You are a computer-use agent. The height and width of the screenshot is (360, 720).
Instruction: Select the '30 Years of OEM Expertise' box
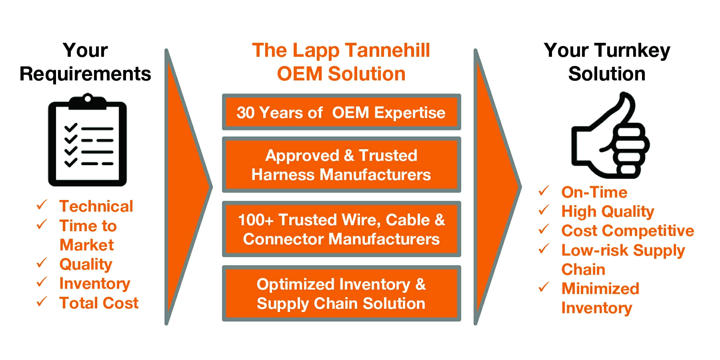[341, 112]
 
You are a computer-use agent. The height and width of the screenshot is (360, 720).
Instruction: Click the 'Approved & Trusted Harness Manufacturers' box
[341, 165]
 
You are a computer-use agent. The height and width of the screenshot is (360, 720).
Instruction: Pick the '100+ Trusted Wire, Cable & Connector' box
[341, 229]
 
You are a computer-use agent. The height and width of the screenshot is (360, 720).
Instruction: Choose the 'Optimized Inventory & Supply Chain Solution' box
[341, 294]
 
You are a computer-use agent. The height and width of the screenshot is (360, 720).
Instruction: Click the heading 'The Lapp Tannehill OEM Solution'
[341, 62]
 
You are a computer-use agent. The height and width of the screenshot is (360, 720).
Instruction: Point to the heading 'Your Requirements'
[85, 62]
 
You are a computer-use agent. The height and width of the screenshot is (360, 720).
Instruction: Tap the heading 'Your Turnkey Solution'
[607, 62]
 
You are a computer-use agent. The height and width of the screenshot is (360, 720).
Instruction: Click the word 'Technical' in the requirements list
[96, 206]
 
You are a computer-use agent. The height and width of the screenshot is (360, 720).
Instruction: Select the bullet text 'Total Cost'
[99, 303]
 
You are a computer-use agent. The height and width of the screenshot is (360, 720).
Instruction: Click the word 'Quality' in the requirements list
[86, 264]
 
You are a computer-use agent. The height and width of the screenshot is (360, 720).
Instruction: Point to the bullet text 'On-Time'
[594, 192]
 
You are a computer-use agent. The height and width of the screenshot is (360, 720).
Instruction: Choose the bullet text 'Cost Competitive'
[627, 231]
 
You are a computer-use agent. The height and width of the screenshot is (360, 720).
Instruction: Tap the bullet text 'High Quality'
[607, 212]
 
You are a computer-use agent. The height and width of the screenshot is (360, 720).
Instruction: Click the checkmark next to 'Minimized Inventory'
[544, 287]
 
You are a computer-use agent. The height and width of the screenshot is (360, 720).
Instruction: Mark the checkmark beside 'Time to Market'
[42, 224]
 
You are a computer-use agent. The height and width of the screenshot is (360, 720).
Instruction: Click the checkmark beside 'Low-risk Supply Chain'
[544, 249]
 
